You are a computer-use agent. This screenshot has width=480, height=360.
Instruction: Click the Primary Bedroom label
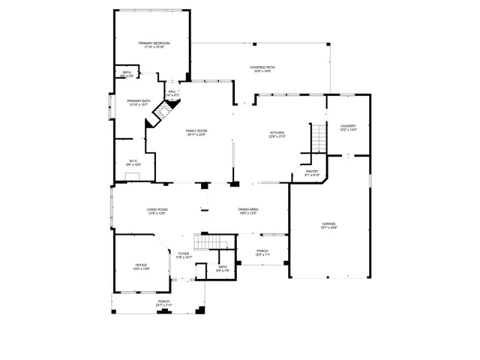pos(154,44)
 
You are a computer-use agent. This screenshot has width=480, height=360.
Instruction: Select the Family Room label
pos(196,132)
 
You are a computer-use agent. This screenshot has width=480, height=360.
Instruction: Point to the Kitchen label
pos(277,134)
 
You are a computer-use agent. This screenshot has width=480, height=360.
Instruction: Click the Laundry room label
pos(347,127)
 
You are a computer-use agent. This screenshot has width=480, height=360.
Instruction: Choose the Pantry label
pos(312,172)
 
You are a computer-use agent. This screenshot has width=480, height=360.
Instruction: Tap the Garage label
pos(328,225)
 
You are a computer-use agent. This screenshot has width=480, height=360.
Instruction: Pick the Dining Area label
pos(248,211)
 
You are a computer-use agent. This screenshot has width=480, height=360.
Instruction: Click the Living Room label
pos(157,211)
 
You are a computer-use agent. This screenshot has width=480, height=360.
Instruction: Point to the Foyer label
pos(184,255)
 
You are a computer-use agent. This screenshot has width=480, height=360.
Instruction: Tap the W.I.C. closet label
pos(133,162)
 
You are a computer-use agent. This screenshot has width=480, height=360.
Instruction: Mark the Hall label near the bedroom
pos(172,93)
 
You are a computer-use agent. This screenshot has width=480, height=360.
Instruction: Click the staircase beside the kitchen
pos(319,137)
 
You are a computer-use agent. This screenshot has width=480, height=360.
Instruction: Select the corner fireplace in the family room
pos(163,113)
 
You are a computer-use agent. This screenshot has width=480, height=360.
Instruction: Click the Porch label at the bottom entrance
pos(163,303)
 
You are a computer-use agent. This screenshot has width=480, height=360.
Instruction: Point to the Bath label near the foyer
pos(223,268)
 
